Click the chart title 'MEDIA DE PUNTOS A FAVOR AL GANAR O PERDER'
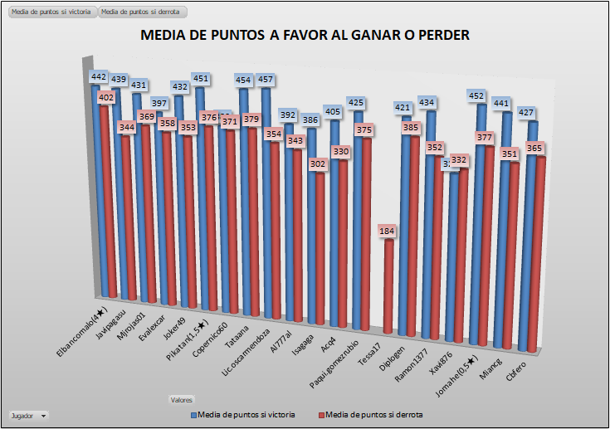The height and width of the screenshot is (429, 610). tap(305, 36)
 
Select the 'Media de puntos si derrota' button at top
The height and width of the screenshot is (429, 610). tap(142, 12)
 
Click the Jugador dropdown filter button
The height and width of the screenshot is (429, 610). tap(27, 414)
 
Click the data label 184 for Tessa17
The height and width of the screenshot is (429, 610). tap(388, 230)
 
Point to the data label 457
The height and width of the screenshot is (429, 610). tap(266, 80)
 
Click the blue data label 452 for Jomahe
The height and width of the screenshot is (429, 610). tap(476, 96)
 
